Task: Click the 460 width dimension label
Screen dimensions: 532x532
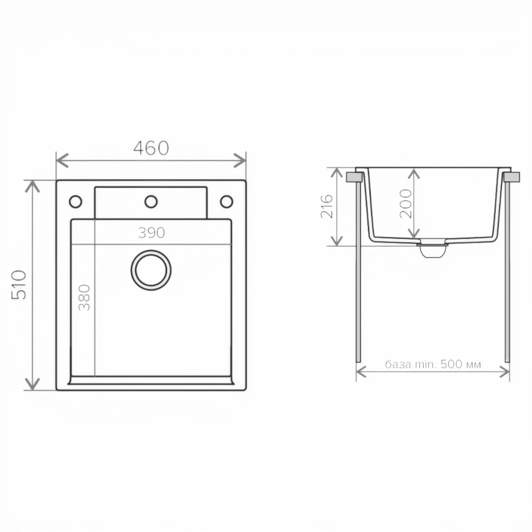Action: [151, 148]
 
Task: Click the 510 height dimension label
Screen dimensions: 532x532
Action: [19, 285]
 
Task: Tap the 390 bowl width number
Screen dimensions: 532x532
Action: [151, 233]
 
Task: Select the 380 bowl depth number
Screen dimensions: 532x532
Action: [84, 298]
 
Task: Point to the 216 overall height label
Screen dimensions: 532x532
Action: [327, 206]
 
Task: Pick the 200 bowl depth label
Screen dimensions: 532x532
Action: [406, 203]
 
